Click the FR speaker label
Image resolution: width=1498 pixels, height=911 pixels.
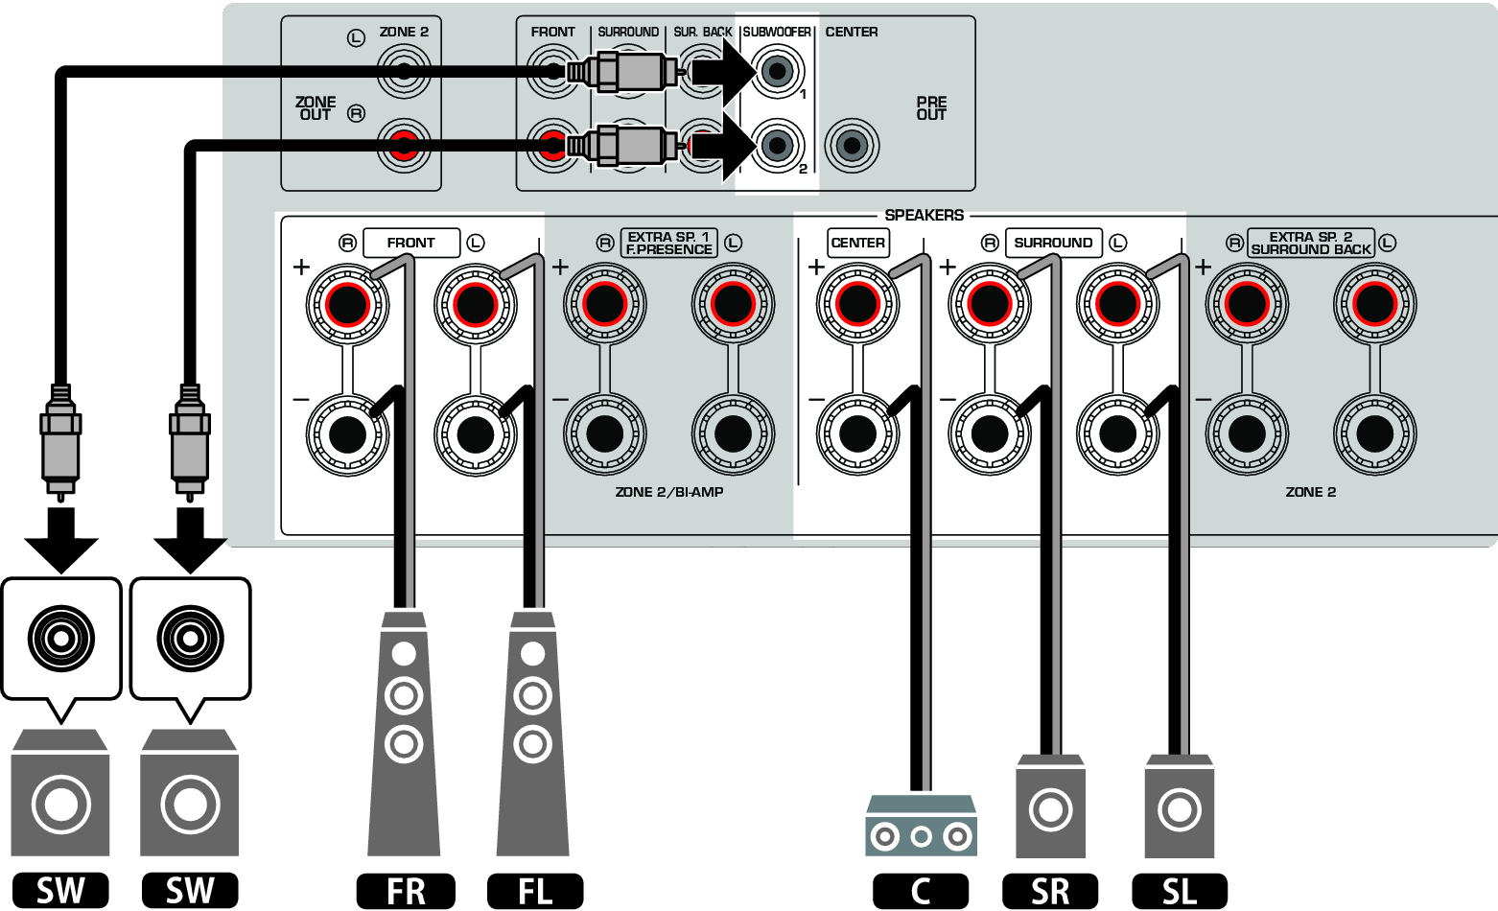click(x=405, y=891)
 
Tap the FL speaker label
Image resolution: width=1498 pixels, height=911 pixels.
click(x=534, y=891)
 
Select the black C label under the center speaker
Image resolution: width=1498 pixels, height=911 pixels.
click(x=920, y=891)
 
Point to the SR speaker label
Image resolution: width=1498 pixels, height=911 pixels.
click(x=1049, y=891)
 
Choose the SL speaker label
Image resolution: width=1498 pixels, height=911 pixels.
click(x=1179, y=891)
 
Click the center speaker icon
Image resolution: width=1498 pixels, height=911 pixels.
click(x=921, y=826)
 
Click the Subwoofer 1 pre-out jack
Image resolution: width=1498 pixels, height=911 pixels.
click(x=777, y=71)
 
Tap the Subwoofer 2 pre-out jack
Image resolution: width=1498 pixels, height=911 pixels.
click(x=777, y=146)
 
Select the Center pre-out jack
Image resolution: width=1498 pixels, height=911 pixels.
click(x=851, y=146)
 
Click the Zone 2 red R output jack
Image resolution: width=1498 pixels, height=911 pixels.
click(x=404, y=146)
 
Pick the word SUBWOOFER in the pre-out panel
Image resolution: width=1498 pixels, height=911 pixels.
click(x=777, y=32)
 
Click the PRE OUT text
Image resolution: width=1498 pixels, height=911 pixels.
click(x=930, y=108)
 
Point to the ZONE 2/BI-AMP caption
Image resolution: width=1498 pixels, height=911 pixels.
click(x=668, y=492)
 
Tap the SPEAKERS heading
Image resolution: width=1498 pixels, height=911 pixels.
click(x=924, y=215)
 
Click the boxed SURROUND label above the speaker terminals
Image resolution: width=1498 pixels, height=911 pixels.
click(x=1053, y=243)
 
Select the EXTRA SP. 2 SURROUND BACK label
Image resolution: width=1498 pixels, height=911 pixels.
click(x=1310, y=243)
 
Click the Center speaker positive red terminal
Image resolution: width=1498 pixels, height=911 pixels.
click(x=856, y=305)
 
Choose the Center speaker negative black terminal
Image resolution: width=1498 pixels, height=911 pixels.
click(x=856, y=434)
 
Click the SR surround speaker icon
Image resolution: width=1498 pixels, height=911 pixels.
click(x=1050, y=807)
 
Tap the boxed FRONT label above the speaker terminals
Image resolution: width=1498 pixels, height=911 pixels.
click(x=410, y=243)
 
